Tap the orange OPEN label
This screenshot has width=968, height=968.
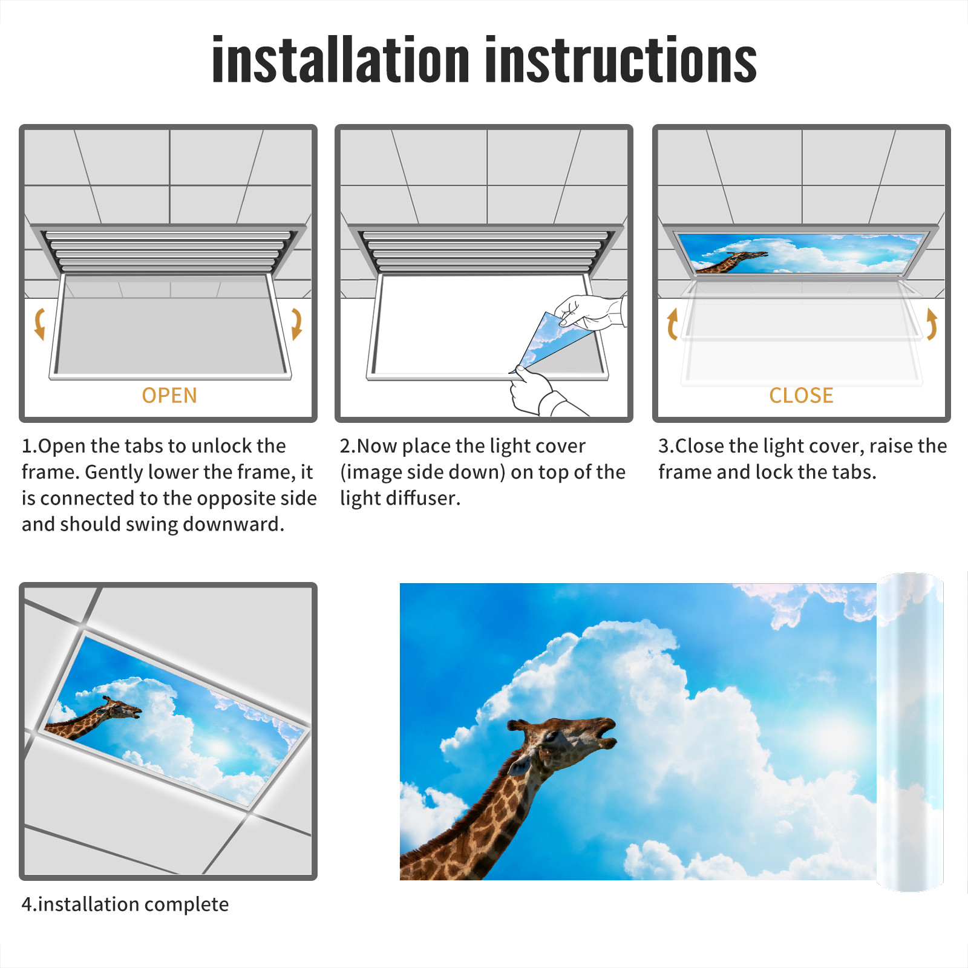click(169, 395)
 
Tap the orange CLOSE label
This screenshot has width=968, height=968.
click(801, 395)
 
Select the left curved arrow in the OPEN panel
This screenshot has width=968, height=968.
click(40, 324)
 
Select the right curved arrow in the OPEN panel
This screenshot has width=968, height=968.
click(296, 324)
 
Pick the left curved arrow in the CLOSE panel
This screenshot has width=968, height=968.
click(672, 324)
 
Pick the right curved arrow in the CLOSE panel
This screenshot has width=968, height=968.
click(932, 324)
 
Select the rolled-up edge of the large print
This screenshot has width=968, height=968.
click(910, 731)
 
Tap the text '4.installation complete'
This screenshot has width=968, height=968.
click(125, 904)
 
